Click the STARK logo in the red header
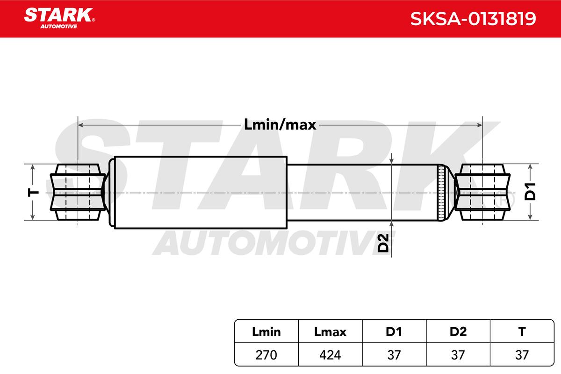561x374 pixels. (59, 18)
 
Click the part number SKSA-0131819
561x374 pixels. (473, 19)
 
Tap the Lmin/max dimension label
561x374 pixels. (280, 125)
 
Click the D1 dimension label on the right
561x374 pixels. (530, 192)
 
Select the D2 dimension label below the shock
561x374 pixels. (383, 243)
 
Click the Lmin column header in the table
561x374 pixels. (266, 331)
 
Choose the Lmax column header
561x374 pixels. (330, 331)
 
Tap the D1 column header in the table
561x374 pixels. (394, 331)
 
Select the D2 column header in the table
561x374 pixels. (458, 331)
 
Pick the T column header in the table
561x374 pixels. (522, 331)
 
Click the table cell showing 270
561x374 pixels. (266, 355)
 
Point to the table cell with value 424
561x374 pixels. (330, 355)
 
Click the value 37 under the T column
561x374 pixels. (522, 355)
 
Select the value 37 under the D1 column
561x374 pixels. (394, 355)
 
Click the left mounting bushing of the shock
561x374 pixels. (78, 192)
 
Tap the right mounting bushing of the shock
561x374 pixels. (482, 192)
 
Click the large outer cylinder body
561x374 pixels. (201, 193)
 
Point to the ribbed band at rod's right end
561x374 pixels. (441, 193)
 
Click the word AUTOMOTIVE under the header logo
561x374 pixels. (59, 27)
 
